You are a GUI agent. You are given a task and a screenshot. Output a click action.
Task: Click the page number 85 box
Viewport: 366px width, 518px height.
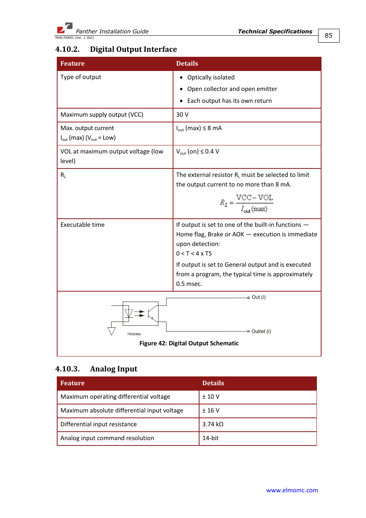(328, 36)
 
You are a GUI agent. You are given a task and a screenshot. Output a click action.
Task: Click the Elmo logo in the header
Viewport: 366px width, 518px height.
(65, 28)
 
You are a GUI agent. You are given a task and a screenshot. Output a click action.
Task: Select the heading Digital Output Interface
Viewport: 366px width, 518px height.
(133, 49)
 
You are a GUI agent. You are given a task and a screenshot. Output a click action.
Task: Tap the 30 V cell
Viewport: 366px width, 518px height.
(182, 115)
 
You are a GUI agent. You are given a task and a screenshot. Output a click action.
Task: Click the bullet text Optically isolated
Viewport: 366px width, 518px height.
(211, 78)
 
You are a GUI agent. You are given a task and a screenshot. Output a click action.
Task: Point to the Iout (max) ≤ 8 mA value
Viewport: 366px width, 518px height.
(199, 128)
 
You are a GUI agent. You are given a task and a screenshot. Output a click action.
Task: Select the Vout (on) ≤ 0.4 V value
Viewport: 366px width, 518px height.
(198, 152)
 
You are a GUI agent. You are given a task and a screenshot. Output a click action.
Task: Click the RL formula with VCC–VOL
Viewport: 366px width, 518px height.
(247, 203)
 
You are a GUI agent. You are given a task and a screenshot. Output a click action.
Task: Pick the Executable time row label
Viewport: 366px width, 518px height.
(82, 225)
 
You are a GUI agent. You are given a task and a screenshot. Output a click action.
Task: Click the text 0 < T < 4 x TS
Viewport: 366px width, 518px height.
(194, 254)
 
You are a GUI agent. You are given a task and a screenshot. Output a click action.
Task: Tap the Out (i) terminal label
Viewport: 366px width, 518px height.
(259, 297)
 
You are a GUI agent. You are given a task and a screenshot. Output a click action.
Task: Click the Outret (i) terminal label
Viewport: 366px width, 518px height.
(261, 332)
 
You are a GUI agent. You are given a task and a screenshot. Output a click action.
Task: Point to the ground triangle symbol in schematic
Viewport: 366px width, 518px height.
(112, 331)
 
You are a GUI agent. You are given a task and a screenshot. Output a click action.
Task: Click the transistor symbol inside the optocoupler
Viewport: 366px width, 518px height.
(152, 313)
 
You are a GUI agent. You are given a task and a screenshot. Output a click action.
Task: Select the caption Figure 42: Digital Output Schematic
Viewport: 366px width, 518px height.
(189, 343)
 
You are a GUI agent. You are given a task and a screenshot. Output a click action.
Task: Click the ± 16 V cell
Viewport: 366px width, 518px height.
(211, 411)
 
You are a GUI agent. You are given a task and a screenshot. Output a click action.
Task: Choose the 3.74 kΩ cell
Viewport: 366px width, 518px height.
(213, 424)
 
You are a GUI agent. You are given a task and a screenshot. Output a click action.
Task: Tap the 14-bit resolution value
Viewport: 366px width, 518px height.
(210, 438)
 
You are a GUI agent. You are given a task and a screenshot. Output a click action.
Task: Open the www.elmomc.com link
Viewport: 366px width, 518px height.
(292, 490)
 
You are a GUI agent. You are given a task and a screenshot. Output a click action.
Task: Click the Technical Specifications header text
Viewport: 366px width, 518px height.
(275, 31)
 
